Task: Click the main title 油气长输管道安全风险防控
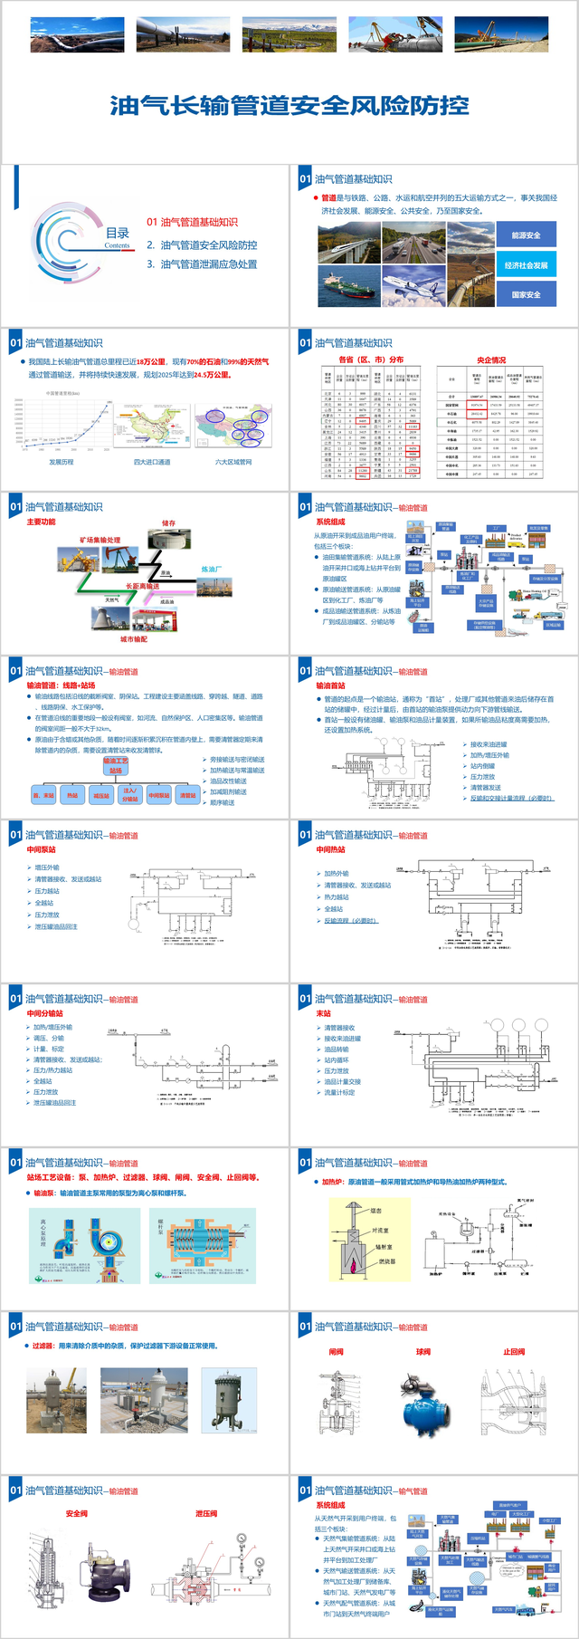click(289, 106)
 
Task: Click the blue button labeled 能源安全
click(526, 235)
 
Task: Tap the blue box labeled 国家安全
click(526, 294)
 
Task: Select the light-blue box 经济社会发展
click(526, 265)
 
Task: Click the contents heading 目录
click(118, 234)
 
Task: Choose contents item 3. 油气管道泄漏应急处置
click(202, 264)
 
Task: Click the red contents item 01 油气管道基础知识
click(192, 222)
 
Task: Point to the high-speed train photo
click(348, 242)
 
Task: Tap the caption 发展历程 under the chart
click(62, 462)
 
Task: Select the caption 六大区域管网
click(233, 462)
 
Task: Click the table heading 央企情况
click(491, 359)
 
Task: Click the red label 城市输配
click(133, 638)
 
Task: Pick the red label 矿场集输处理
click(100, 541)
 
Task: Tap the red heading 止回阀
click(514, 1352)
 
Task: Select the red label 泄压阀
click(206, 1514)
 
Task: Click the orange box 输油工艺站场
click(116, 766)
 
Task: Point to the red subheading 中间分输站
click(45, 1014)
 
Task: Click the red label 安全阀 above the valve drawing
click(77, 1514)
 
